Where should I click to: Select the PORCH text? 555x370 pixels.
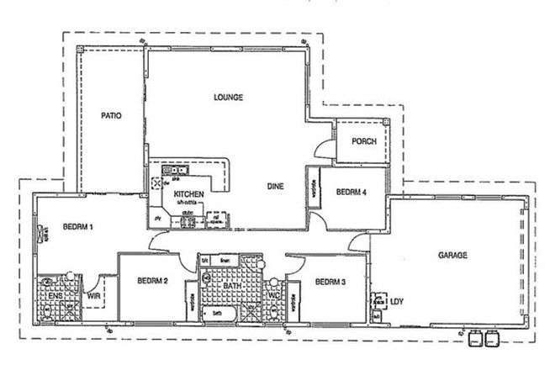363,141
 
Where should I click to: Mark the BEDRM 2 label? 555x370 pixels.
154,281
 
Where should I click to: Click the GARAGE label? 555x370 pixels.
451,255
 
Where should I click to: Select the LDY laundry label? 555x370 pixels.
398,300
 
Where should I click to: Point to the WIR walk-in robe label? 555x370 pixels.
95,296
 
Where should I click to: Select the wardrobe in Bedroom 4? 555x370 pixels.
313,191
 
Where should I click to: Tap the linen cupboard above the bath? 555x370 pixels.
225,262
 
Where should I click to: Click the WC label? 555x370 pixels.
273,295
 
